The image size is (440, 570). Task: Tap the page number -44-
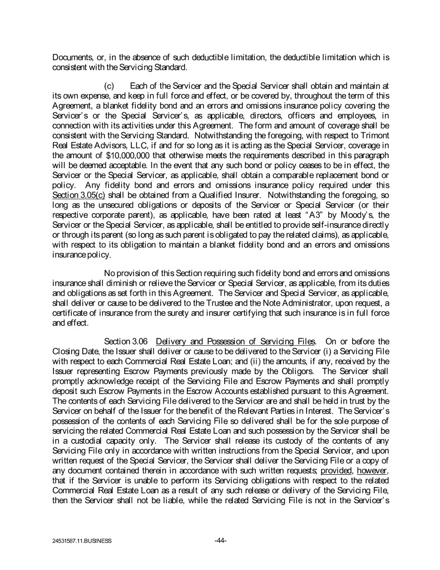220,539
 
